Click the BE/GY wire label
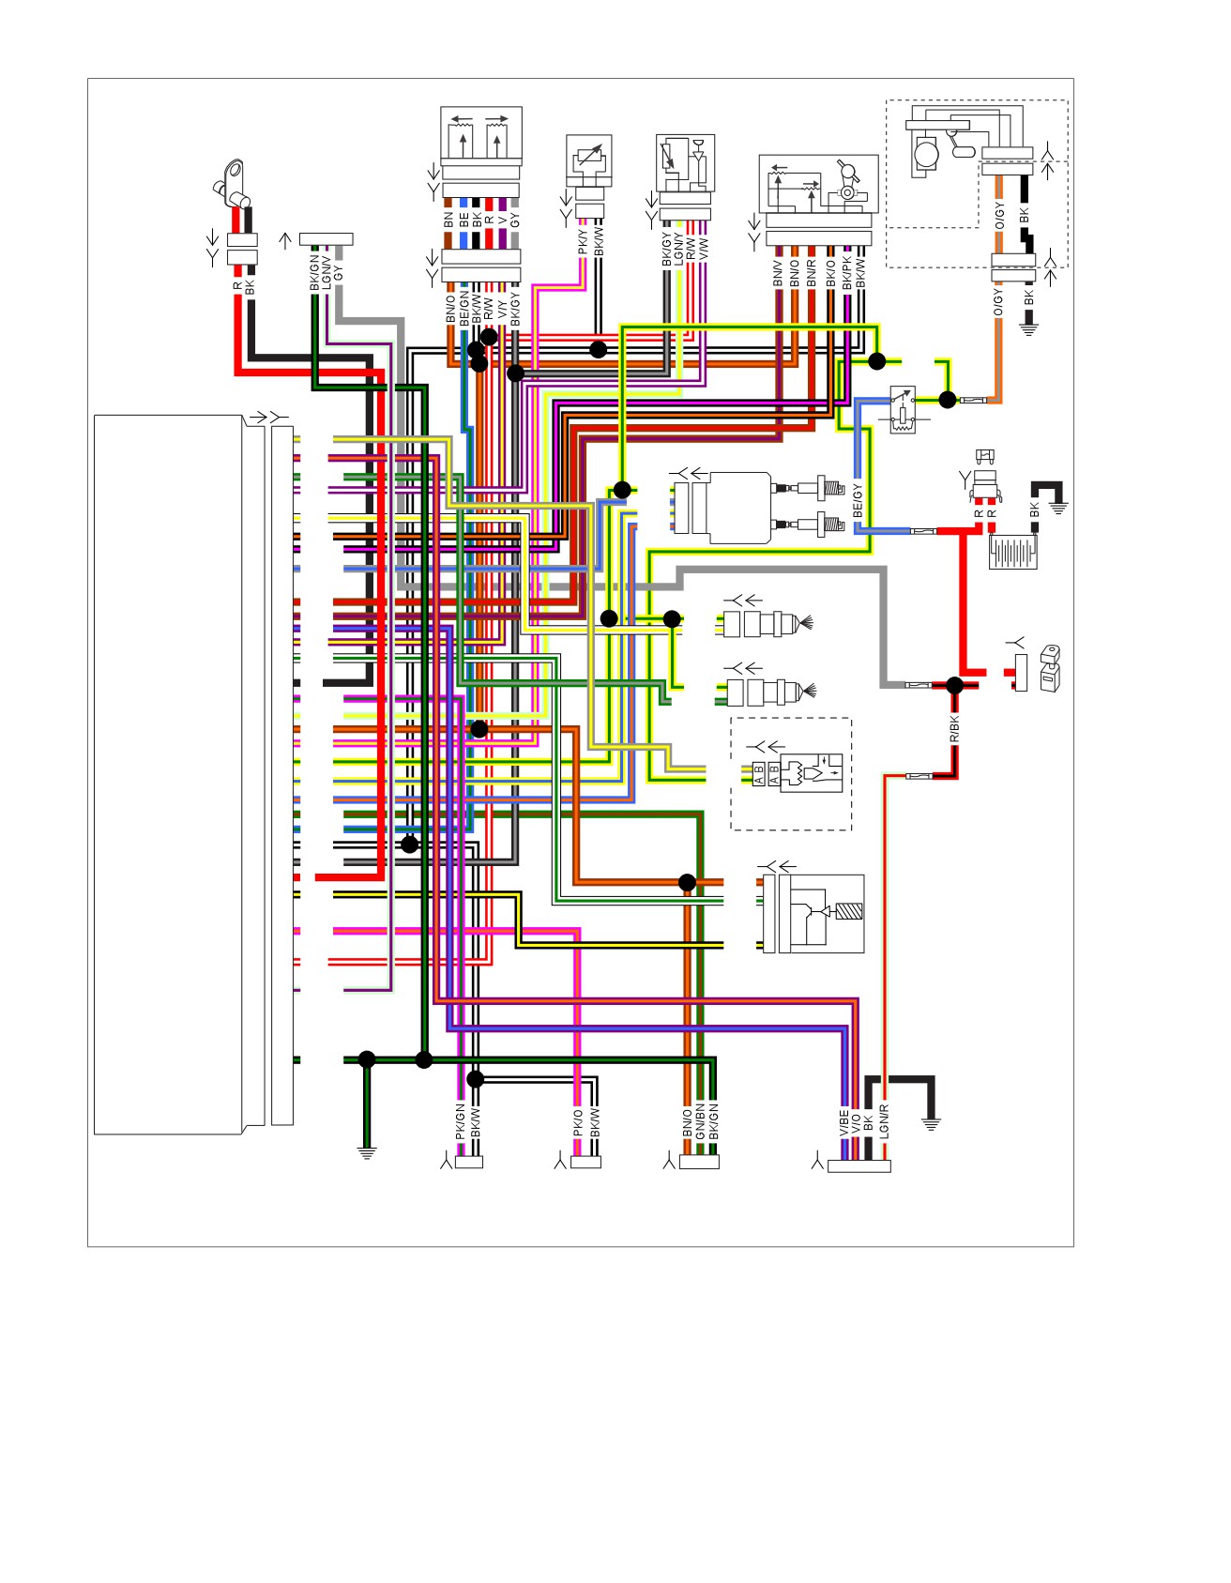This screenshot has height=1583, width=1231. pyautogui.click(x=858, y=502)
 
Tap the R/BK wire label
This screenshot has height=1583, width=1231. pyautogui.click(x=954, y=729)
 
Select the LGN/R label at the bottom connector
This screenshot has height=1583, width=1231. pyautogui.click(x=884, y=1121)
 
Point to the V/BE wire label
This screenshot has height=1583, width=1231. pyautogui.click(x=843, y=1122)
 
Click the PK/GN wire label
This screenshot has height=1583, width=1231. pyautogui.click(x=461, y=1121)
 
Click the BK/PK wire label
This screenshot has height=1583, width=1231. pyautogui.click(x=846, y=270)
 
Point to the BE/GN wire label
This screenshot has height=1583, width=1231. pyautogui.click(x=464, y=309)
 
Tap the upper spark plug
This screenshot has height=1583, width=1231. pyautogui.click(x=822, y=488)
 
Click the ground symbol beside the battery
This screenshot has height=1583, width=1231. pyautogui.click(x=1058, y=508)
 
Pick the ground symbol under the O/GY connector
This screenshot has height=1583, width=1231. pyautogui.click(x=1029, y=328)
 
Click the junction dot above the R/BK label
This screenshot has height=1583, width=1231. pyautogui.click(x=954, y=685)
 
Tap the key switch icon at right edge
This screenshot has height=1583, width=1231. pyautogui.click(x=1050, y=668)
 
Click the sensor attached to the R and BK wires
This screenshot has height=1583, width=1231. pyautogui.click(x=232, y=184)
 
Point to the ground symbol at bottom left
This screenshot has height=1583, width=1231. pyautogui.click(x=367, y=1152)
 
